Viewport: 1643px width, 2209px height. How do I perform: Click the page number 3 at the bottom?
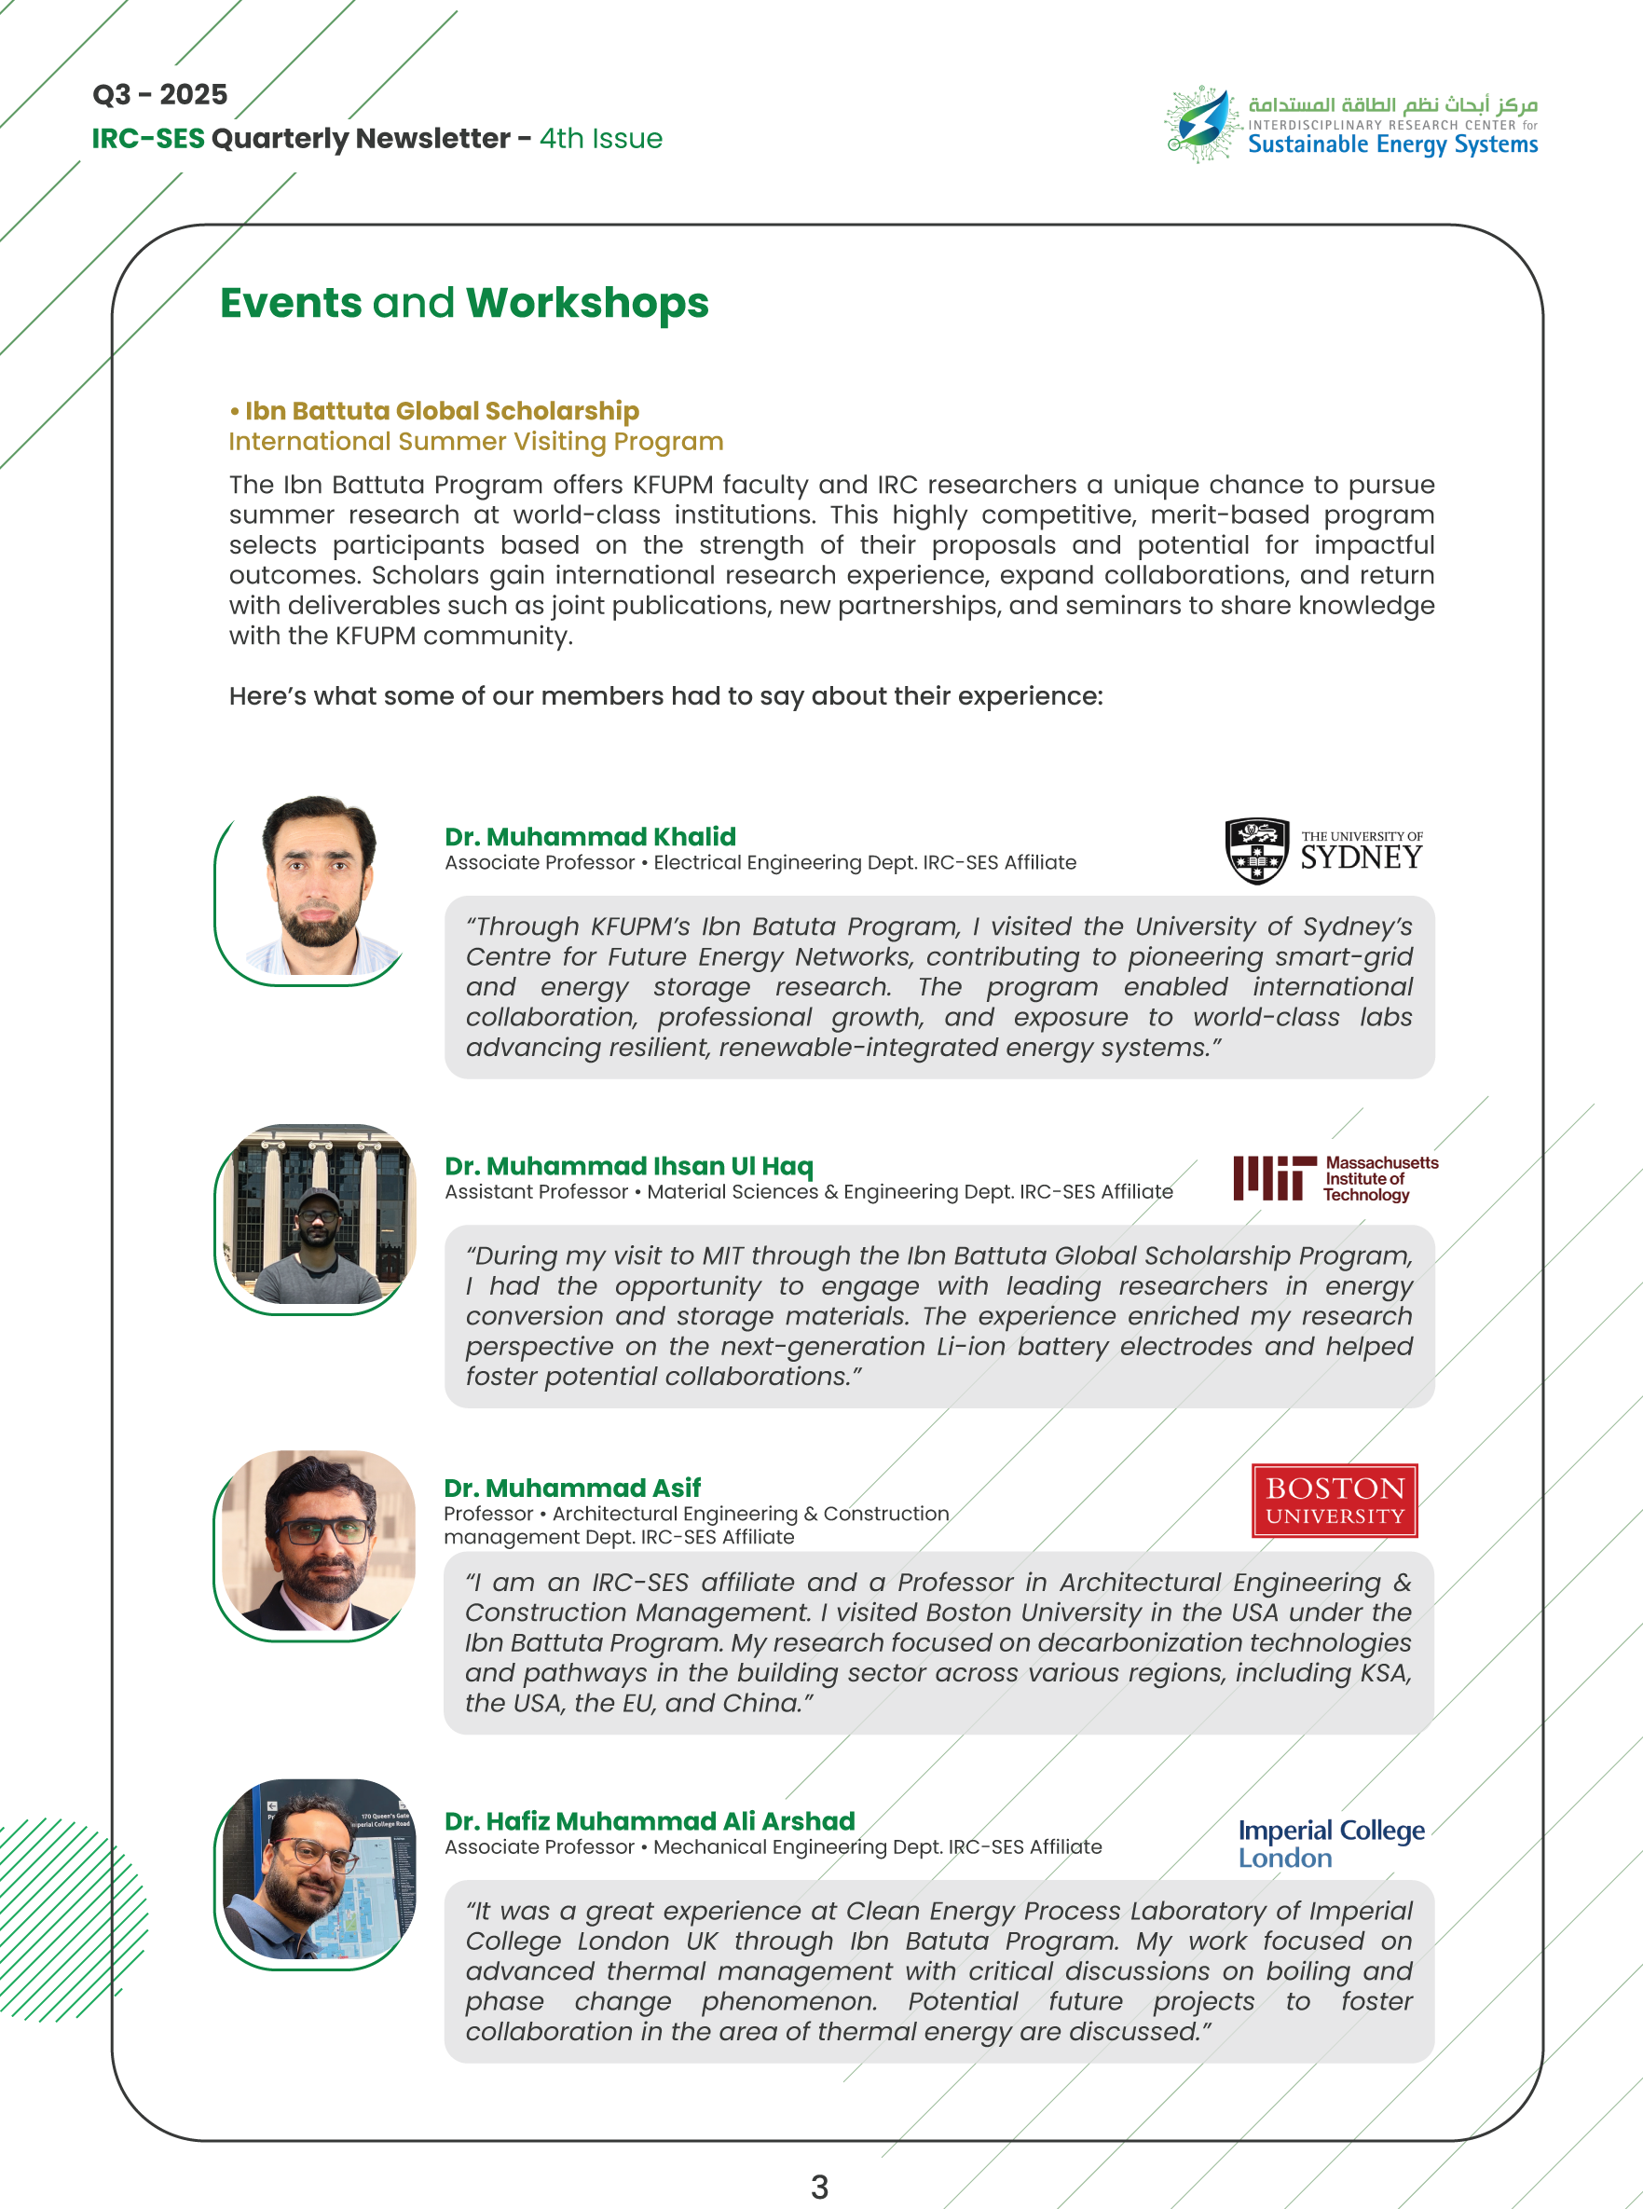click(x=818, y=2186)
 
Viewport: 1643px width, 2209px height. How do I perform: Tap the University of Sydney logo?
click(x=1322, y=850)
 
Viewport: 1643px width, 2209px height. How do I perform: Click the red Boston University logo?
click(x=1334, y=1500)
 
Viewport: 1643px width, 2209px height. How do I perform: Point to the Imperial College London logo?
click(x=1330, y=1843)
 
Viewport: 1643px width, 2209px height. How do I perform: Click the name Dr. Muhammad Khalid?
click(x=590, y=836)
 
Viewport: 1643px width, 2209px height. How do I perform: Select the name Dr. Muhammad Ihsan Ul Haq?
click(x=628, y=1166)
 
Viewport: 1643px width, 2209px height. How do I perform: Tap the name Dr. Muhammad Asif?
click(x=572, y=1488)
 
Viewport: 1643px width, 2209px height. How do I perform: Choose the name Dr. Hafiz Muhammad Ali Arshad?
click(x=650, y=1821)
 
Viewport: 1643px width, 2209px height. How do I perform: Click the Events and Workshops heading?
click(x=463, y=303)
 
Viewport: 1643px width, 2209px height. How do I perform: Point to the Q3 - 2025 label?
click(x=160, y=94)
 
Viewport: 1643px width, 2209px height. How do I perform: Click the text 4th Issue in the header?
click(x=601, y=138)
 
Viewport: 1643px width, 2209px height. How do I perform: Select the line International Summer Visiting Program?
click(x=475, y=442)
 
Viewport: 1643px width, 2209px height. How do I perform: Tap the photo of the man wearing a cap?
click(x=316, y=1216)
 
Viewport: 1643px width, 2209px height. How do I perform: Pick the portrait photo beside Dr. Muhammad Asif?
click(x=316, y=1541)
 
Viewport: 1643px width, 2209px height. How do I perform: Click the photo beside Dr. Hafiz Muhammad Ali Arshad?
click(x=316, y=1870)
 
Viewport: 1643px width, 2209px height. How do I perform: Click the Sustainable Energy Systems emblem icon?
click(x=1202, y=123)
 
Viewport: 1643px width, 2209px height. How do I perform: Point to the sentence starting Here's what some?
click(x=665, y=696)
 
